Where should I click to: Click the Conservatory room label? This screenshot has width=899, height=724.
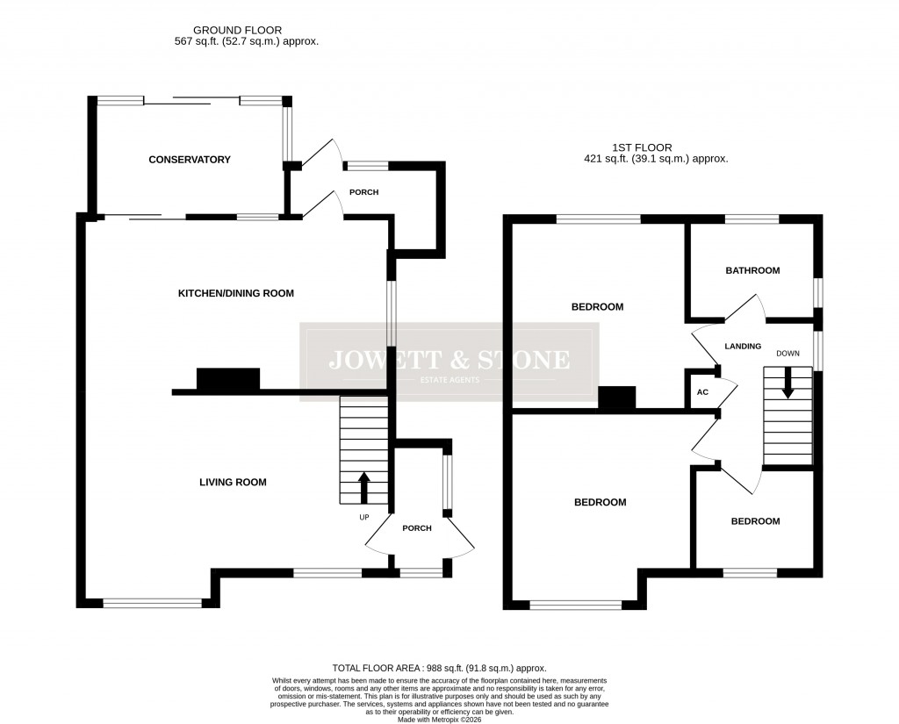[190, 160]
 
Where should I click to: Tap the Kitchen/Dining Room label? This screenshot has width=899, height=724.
[236, 293]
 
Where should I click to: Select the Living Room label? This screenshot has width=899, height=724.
[233, 482]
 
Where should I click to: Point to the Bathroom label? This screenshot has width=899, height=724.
[752, 270]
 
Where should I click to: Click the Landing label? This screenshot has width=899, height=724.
[743, 347]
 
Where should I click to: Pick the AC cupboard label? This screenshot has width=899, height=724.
[702, 392]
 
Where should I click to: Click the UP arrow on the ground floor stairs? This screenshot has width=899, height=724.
[364, 487]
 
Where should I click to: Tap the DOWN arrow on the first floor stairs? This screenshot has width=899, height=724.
[788, 383]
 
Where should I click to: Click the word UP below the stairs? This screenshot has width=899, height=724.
[364, 517]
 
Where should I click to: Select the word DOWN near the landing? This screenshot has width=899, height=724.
[788, 354]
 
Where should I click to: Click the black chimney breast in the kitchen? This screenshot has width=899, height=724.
[228, 379]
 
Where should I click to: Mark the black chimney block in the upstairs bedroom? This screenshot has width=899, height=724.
[616, 398]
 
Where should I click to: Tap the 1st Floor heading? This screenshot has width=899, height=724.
[656, 148]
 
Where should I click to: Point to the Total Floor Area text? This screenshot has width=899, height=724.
[439, 669]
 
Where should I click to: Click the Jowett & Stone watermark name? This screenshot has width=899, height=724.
[449, 360]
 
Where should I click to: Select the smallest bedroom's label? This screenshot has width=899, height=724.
[756, 521]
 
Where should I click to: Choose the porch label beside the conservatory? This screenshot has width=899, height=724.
[364, 192]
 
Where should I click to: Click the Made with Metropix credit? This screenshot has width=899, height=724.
[440, 719]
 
